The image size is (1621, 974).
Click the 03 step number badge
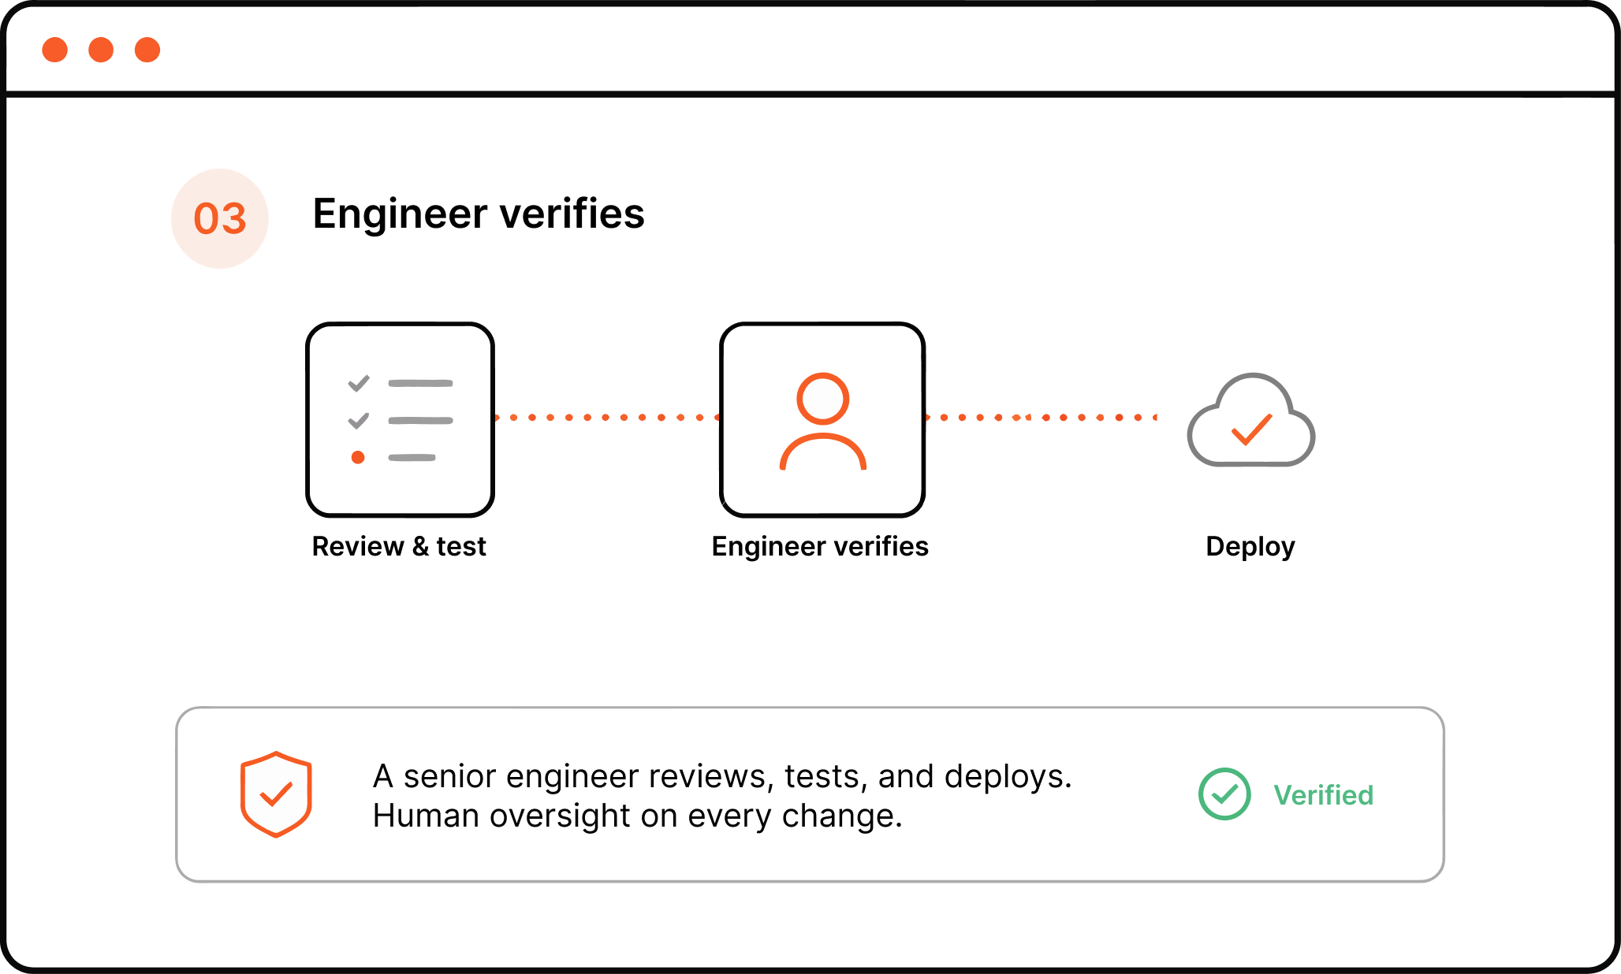click(220, 218)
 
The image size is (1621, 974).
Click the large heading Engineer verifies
click(479, 214)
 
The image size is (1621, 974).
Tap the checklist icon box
click(401, 419)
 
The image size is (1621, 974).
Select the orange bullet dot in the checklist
click(358, 457)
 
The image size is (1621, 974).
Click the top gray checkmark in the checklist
click(359, 384)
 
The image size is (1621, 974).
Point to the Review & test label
click(399, 546)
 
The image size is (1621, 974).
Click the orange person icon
click(823, 421)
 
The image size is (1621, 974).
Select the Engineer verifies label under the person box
click(820, 546)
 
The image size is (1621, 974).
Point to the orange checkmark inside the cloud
click(1252, 429)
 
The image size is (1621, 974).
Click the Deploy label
click(1250, 547)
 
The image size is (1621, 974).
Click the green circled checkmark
click(1224, 794)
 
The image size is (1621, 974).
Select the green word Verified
click(1324, 795)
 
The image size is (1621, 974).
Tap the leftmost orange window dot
click(55, 50)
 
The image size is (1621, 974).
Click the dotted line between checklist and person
click(606, 417)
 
